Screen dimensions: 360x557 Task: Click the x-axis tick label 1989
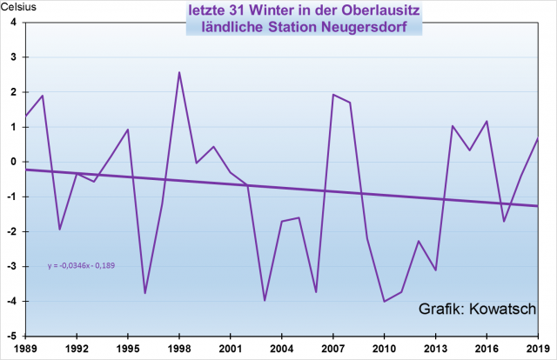[26, 348]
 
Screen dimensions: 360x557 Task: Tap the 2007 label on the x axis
[332, 348]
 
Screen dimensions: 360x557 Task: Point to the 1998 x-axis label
[179, 348]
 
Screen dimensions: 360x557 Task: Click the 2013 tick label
[435, 348]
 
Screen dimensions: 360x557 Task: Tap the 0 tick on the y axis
[14, 162]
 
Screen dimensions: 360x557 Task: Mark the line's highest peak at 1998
[179, 72]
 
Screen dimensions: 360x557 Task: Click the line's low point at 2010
[384, 301]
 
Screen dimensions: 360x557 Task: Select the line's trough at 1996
[144, 293]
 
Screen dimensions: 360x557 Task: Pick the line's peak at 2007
[333, 95]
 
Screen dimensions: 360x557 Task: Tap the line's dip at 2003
[265, 300]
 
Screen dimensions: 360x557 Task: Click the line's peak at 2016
[487, 121]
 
